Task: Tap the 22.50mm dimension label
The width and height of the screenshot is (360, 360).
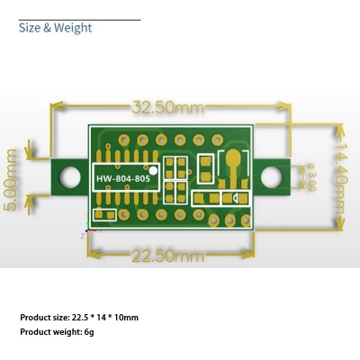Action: click(x=168, y=256)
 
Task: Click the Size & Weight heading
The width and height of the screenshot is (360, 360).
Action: click(x=55, y=28)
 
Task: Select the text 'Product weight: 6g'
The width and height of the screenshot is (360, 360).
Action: click(x=56, y=333)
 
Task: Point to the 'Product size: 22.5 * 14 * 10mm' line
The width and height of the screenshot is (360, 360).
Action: click(x=79, y=317)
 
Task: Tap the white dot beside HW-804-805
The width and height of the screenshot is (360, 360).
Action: click(x=154, y=169)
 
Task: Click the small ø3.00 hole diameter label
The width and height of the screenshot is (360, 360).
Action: click(x=311, y=176)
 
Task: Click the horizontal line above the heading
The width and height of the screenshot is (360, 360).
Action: click(x=79, y=19)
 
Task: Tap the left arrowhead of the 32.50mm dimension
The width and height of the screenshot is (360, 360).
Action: click(x=54, y=107)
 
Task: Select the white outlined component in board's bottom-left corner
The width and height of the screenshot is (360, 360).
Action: click(x=104, y=214)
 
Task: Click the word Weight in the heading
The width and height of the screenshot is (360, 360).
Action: click(x=73, y=28)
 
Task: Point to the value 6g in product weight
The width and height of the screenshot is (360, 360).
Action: click(x=88, y=333)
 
